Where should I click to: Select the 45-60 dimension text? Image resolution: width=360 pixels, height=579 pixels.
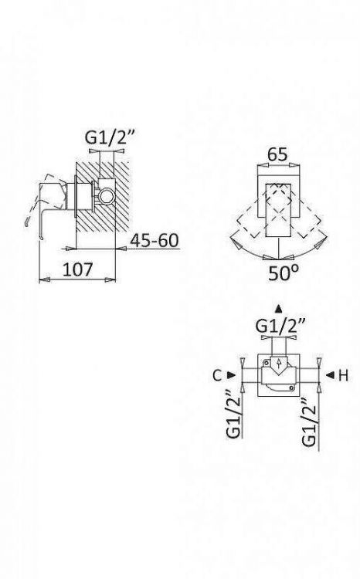tap(155, 240)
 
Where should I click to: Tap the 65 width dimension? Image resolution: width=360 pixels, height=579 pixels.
tap(277, 154)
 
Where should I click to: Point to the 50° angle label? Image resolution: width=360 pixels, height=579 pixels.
tap(283, 273)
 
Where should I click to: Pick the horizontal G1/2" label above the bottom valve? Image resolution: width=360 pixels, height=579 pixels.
tap(280, 326)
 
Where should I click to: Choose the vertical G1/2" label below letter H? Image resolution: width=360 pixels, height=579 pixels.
tap(309, 421)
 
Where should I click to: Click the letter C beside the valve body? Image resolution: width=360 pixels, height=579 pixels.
tap(217, 375)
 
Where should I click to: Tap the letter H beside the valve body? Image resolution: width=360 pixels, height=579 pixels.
tap(343, 375)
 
